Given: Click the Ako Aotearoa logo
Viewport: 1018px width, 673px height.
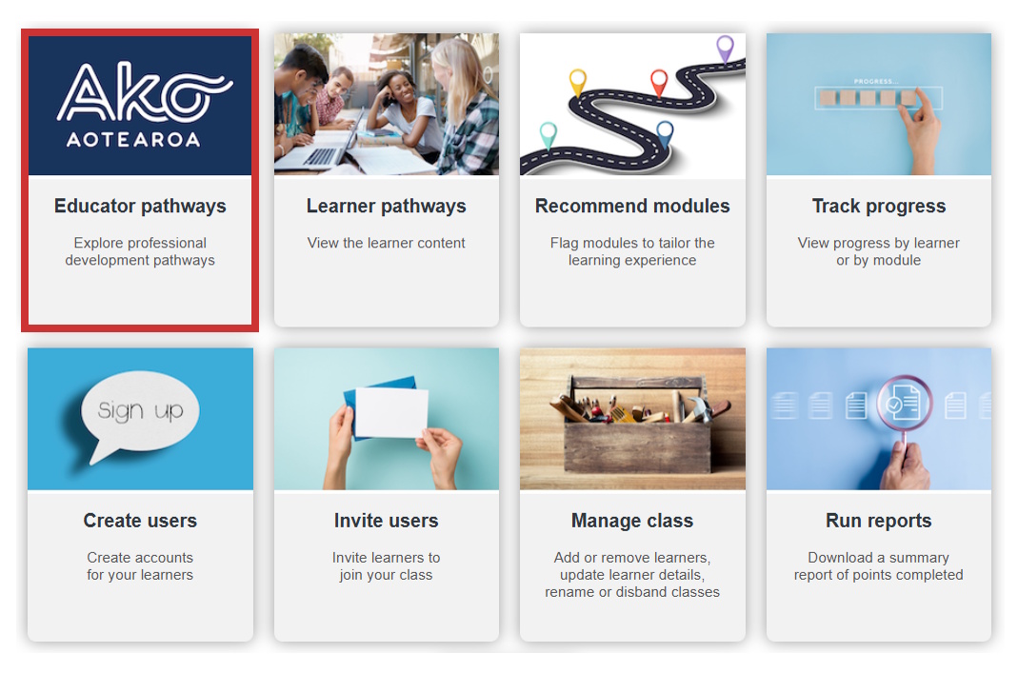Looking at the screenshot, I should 141,105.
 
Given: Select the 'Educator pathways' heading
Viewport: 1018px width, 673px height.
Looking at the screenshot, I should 140,206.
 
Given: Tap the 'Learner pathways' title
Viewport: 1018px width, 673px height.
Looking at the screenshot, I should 386,206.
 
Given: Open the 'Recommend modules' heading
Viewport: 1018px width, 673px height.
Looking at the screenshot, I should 632,206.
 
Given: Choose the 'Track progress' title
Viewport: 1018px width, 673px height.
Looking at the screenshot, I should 878,206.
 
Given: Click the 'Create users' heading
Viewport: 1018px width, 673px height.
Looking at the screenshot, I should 140,521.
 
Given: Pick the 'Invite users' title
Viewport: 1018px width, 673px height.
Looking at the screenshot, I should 386,521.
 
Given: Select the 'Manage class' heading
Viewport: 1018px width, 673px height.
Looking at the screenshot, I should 632,521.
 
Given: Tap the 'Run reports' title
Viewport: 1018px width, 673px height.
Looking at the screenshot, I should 878,521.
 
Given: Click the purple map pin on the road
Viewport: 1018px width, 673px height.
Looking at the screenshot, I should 725,47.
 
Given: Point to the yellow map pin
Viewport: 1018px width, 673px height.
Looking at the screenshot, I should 577,81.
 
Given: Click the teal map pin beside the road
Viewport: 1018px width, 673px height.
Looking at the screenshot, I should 548,133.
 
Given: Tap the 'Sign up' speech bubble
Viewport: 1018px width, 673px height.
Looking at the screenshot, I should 140,410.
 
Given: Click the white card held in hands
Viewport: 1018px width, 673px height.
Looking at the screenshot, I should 391,412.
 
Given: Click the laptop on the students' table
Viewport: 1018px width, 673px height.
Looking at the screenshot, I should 324,152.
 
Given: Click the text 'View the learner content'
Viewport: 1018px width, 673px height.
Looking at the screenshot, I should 386,243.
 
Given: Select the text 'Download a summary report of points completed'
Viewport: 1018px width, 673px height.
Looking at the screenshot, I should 878,566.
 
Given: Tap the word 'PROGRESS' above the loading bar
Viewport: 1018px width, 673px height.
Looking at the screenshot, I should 876,82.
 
